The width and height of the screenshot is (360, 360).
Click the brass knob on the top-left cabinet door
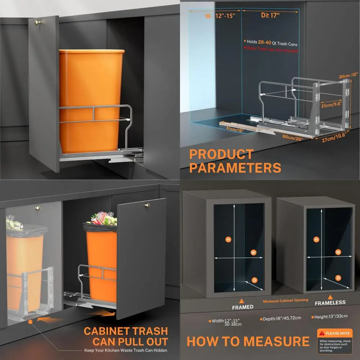click(x=37, y=22)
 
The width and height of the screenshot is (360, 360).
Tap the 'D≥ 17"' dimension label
click(x=270, y=15)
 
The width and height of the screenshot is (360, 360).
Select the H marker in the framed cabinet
click(x=228, y=239)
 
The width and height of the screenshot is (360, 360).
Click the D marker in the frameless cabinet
click(x=338, y=278)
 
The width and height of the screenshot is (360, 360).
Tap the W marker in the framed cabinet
click(x=253, y=252)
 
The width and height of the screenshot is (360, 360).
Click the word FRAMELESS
click(x=330, y=303)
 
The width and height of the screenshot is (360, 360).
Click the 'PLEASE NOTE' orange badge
click(x=333, y=333)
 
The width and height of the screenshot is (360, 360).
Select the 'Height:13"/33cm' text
click(x=329, y=316)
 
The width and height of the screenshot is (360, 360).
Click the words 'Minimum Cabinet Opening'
click(x=285, y=300)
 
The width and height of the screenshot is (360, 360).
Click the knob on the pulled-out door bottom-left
click(x=147, y=205)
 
